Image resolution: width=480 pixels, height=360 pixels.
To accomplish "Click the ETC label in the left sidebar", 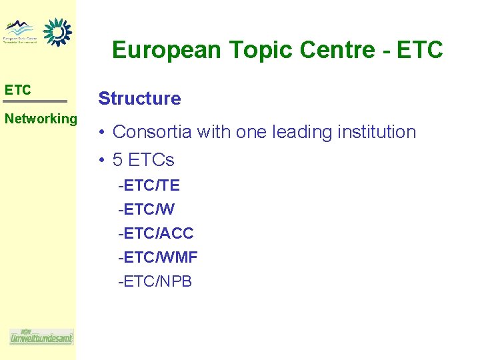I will click(x=17, y=90).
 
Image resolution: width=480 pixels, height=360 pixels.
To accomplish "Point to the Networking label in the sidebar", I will click(x=41, y=119).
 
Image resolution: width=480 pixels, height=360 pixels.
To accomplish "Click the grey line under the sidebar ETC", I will click(x=35, y=101).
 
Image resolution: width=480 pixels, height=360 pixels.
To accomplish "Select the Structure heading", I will click(x=139, y=99).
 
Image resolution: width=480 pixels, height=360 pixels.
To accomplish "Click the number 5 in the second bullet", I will click(x=118, y=160).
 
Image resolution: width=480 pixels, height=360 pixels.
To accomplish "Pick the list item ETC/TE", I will click(x=149, y=185).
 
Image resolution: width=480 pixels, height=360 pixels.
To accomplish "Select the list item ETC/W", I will click(x=147, y=209).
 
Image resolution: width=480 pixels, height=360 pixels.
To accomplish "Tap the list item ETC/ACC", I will click(x=156, y=233).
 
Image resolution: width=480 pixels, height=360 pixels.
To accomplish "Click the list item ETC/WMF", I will click(x=158, y=257).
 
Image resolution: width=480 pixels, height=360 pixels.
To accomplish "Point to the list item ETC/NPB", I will click(x=155, y=281).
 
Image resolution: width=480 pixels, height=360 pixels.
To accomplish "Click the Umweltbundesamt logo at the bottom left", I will click(x=41, y=337).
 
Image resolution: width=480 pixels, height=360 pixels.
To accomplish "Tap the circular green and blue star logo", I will click(x=57, y=32).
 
